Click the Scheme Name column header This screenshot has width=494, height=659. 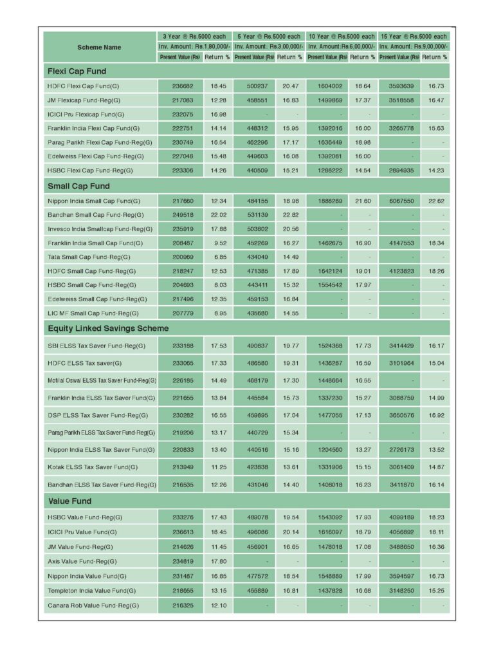pos(99,47)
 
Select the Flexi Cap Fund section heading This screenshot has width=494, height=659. pos(77,71)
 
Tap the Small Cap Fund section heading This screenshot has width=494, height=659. pos(78,186)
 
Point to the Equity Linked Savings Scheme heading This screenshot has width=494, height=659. pos(108,328)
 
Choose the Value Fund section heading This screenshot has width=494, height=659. pos(69,501)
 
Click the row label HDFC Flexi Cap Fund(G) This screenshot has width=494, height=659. pos(84,86)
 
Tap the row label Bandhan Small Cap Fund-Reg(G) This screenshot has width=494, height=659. pos(95,215)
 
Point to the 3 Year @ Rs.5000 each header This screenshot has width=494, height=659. pos(196,37)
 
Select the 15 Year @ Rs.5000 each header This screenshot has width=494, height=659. pos(414,37)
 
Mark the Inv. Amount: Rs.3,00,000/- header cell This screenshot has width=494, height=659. pos(269,47)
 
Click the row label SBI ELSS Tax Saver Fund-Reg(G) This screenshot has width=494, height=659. pos(96,346)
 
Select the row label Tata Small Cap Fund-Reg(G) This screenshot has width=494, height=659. pos(88,257)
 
